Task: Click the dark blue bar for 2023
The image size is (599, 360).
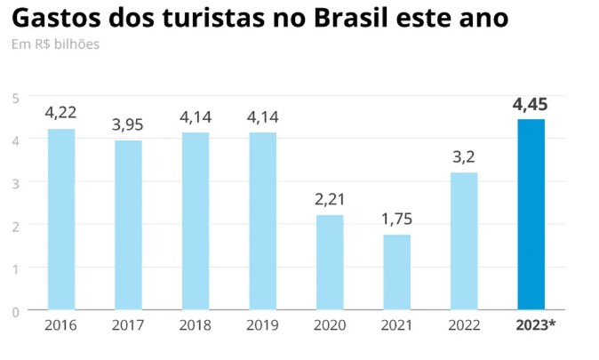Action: (531, 214)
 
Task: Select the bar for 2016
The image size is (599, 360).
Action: (61, 220)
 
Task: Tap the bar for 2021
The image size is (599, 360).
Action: (396, 272)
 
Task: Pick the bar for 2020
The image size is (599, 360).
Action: (330, 262)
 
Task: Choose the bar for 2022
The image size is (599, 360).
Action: (464, 241)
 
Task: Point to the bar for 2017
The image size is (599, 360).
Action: (128, 225)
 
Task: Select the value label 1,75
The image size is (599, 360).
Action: (396, 220)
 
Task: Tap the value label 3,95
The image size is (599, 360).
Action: (128, 125)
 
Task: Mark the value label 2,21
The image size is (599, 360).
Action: (330, 199)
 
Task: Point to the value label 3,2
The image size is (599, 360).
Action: (464, 157)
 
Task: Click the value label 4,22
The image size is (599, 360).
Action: (61, 113)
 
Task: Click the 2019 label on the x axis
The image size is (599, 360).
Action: (262, 325)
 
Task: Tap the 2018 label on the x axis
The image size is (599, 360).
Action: (196, 325)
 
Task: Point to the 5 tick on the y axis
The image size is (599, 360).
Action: (15, 96)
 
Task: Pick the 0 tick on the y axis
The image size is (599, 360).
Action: (15, 311)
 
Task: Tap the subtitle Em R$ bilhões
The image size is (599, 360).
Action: (55, 44)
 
